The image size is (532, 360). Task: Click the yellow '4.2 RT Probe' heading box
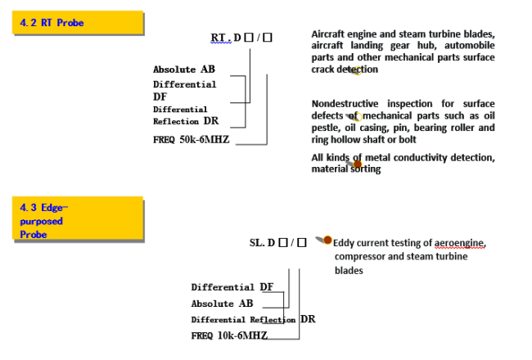click(79, 23)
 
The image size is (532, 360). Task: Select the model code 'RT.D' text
click(225, 38)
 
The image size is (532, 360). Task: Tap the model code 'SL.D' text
click(262, 243)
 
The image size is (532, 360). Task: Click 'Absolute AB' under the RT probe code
click(184, 70)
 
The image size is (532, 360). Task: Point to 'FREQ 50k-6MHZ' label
click(191, 139)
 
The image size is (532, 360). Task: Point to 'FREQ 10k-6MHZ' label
click(229, 335)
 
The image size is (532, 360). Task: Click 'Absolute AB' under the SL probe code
click(223, 304)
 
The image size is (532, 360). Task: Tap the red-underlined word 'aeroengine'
click(459, 244)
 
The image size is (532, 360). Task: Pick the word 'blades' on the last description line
click(349, 270)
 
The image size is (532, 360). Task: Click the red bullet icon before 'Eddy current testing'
click(327, 241)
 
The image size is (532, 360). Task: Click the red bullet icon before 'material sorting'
click(357, 164)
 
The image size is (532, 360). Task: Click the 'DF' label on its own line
click(160, 97)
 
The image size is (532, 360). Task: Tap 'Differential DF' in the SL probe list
click(232, 287)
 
